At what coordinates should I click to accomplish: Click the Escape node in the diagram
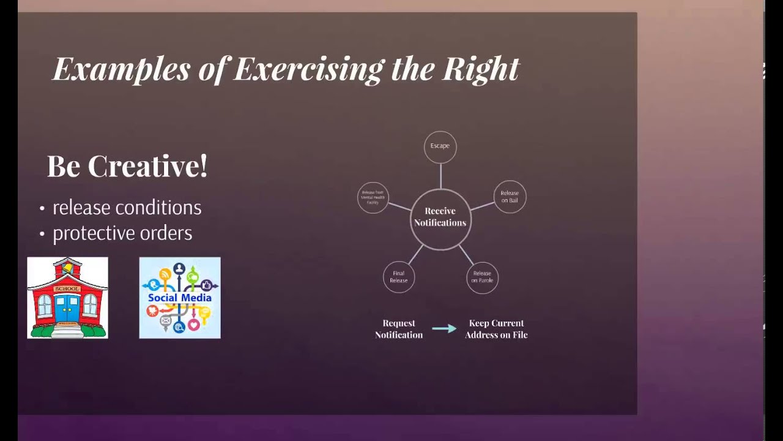(440, 146)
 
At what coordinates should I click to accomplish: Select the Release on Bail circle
(510, 197)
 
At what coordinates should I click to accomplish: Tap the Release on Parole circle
(482, 277)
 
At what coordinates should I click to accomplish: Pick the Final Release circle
(399, 277)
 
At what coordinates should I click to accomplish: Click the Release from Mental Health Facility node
(373, 197)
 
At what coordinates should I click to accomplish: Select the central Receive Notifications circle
(440, 218)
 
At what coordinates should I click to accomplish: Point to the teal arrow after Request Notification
(444, 329)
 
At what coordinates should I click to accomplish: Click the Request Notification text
(399, 329)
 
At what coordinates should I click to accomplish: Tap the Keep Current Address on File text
(496, 329)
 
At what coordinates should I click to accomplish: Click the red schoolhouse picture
(67, 298)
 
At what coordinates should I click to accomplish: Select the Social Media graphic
(180, 298)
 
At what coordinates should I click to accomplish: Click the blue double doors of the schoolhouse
(67, 309)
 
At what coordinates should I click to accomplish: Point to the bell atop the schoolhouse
(67, 267)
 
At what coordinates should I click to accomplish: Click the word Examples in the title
(121, 69)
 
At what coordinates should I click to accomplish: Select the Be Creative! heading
(127, 166)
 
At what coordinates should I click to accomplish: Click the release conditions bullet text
(127, 208)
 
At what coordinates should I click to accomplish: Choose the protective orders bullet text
(122, 233)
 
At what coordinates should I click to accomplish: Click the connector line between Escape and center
(440, 176)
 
